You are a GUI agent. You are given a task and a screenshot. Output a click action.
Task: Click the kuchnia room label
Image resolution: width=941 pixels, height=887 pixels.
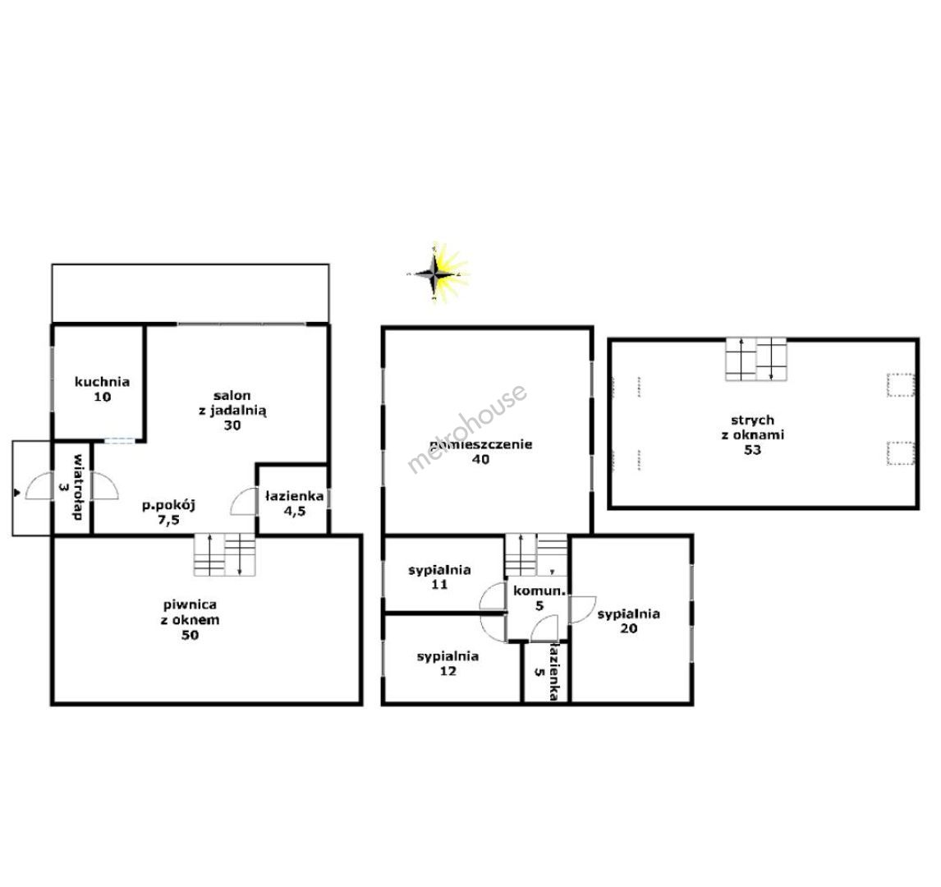(x=102, y=389)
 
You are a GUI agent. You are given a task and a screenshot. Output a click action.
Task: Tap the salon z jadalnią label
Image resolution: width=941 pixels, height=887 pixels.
(x=232, y=410)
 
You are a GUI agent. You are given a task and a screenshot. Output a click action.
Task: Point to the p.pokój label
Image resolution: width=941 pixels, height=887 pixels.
(x=168, y=512)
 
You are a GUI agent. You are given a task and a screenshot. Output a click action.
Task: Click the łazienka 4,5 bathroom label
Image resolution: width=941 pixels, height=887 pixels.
(x=295, y=503)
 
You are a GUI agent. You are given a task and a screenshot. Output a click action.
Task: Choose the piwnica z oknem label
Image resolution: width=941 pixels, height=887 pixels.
(x=190, y=620)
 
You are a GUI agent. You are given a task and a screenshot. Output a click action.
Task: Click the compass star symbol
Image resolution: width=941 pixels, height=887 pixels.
(x=438, y=273)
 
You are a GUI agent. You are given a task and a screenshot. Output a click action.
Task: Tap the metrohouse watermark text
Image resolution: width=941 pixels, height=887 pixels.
(x=467, y=429)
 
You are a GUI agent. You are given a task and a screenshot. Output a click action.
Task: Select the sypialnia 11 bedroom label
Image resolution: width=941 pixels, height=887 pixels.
(x=439, y=577)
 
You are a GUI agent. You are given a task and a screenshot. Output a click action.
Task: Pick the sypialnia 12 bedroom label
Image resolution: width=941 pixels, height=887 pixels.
(x=448, y=663)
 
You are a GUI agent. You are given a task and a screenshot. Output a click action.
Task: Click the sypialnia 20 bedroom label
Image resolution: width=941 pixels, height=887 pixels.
(x=628, y=621)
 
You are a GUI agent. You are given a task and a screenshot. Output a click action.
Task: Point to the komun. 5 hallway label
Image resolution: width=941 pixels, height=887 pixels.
(x=539, y=598)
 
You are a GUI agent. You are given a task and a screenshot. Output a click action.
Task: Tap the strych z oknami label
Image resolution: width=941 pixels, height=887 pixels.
(x=753, y=434)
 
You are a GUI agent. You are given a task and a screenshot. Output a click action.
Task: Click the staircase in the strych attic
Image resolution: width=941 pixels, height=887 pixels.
(x=755, y=359)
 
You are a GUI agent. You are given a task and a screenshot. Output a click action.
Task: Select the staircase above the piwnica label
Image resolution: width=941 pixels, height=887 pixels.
(x=224, y=554)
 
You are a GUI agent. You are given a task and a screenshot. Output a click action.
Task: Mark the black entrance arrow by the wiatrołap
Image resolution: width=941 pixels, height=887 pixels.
(x=16, y=493)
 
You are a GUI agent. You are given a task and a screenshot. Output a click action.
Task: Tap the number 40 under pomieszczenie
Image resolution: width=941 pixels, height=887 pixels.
(x=480, y=459)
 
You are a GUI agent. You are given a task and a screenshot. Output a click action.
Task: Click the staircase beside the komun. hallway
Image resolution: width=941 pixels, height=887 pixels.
(x=536, y=554)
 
